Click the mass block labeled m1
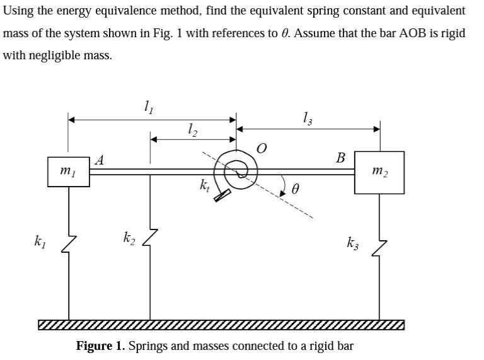click(x=68, y=171)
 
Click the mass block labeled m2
click(x=379, y=171)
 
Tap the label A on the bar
click(x=99, y=160)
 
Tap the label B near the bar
click(x=340, y=158)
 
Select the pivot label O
click(x=262, y=148)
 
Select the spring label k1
click(x=40, y=240)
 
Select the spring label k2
click(x=129, y=238)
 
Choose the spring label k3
click(x=354, y=241)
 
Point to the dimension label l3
click(x=307, y=117)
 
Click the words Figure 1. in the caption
click(x=101, y=346)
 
